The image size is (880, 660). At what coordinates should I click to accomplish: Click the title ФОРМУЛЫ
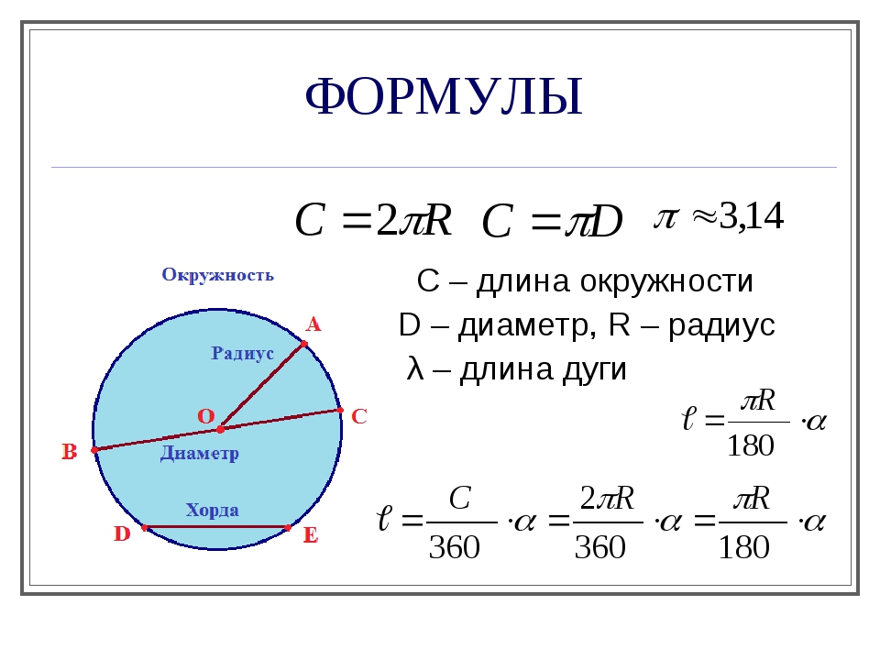click(x=444, y=96)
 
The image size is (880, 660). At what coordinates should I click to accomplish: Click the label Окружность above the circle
click(x=218, y=275)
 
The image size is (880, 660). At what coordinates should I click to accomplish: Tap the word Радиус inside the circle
click(x=242, y=353)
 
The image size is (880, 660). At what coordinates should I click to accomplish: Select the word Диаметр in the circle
click(x=200, y=453)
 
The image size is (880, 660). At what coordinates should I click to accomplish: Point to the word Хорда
click(x=212, y=510)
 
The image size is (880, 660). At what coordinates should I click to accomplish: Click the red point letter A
click(x=313, y=324)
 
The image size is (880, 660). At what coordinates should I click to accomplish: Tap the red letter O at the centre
click(x=206, y=416)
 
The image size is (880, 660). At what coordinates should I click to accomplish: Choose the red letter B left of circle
click(x=69, y=452)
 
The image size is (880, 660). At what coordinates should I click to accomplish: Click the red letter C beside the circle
click(x=358, y=416)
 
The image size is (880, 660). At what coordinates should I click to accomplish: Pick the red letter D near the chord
click(x=122, y=533)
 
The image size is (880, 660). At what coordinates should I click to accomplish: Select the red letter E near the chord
click(x=311, y=535)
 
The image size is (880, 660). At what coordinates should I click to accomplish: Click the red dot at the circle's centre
click(x=221, y=429)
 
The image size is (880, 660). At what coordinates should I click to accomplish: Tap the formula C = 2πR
click(x=373, y=220)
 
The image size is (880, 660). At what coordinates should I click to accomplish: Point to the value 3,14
click(x=751, y=215)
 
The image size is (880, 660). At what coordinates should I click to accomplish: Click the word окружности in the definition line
click(x=666, y=281)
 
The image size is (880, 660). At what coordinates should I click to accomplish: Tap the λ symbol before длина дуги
click(x=415, y=369)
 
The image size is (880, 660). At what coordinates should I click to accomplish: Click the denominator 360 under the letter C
click(x=454, y=547)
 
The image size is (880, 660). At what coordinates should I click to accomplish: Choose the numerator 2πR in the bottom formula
click(x=607, y=498)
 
